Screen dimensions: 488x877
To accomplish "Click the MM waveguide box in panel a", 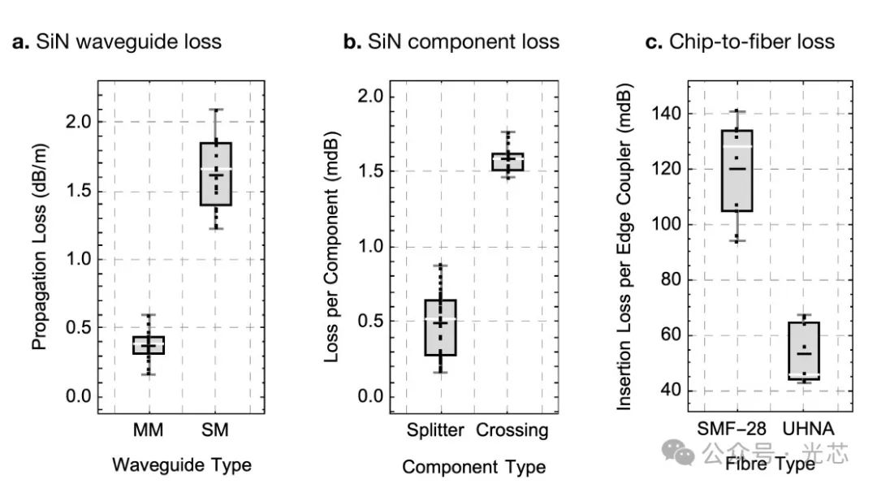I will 149,345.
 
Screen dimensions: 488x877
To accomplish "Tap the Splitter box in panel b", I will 439,328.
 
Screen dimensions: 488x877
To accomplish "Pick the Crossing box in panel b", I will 508,162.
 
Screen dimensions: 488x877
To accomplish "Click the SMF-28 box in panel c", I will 737,171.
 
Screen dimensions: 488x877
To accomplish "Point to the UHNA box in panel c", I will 804,351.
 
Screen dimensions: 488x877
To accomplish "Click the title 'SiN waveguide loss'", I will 128,41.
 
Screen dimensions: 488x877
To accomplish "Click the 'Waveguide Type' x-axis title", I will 181,465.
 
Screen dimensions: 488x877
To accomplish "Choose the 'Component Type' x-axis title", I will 473,467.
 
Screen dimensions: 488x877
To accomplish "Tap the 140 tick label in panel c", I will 665,114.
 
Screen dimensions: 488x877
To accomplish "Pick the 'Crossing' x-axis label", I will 512,430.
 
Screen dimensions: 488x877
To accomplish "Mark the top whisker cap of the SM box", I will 216,110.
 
